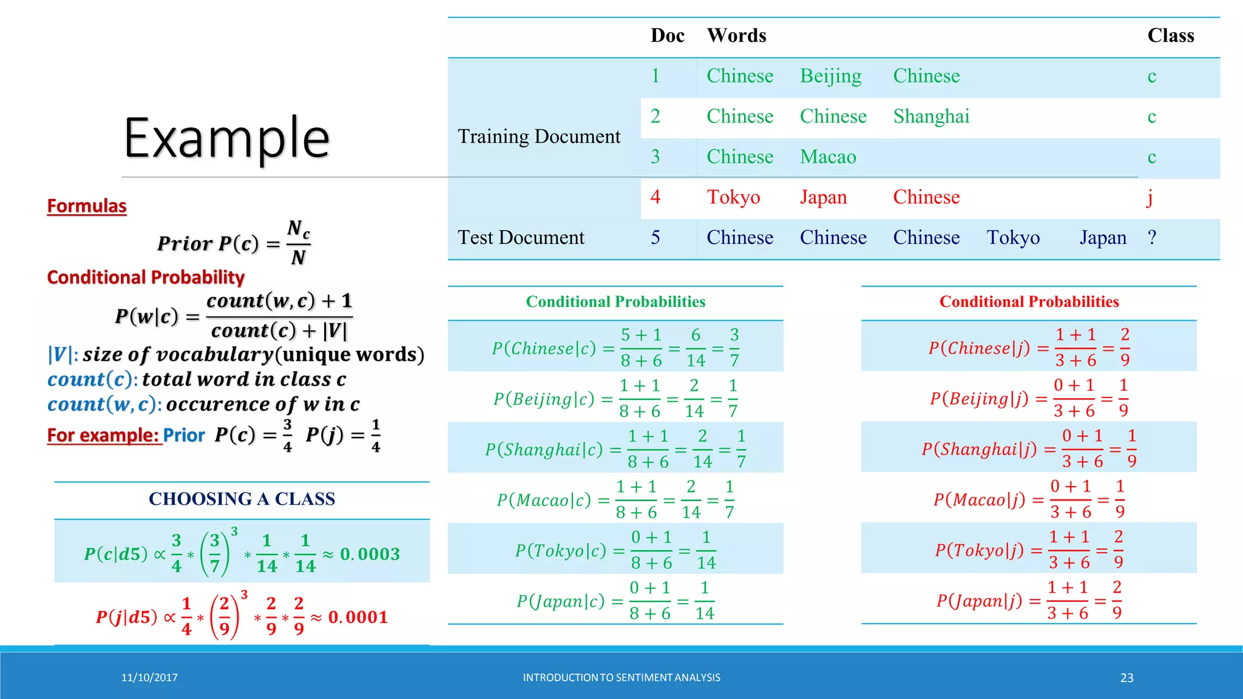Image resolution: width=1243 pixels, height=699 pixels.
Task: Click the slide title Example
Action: [226, 138]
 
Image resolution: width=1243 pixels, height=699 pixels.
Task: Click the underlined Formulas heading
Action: [87, 206]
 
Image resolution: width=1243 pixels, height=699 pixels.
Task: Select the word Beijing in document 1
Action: [830, 76]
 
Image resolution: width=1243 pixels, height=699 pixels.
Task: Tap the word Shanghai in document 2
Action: [931, 116]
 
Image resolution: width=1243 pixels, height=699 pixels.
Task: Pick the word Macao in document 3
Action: [828, 157]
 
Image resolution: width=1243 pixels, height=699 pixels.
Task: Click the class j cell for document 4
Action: [1150, 197]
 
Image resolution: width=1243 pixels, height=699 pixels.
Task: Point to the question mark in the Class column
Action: [1152, 238]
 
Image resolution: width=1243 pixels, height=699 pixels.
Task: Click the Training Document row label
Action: [539, 137]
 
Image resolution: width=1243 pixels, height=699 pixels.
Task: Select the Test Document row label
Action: [521, 238]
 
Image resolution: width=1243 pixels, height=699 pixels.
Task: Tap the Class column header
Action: [1170, 36]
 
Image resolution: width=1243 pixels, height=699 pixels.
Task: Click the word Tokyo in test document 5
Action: [1013, 238]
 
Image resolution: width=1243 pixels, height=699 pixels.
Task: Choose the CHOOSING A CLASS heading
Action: [242, 499]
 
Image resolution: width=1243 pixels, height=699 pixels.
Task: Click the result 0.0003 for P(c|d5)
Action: [370, 555]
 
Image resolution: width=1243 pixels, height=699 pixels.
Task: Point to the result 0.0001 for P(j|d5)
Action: [358, 618]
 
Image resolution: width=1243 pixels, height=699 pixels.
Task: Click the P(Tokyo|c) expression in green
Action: [561, 551]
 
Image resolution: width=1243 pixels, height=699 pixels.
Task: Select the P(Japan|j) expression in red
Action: [979, 601]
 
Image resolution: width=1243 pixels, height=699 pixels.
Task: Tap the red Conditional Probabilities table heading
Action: [1029, 302]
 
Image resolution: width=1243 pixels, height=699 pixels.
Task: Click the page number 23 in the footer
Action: [1126, 678]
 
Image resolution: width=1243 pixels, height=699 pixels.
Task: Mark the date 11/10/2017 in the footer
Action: [149, 678]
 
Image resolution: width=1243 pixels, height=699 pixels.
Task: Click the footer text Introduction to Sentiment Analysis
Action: [621, 678]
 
